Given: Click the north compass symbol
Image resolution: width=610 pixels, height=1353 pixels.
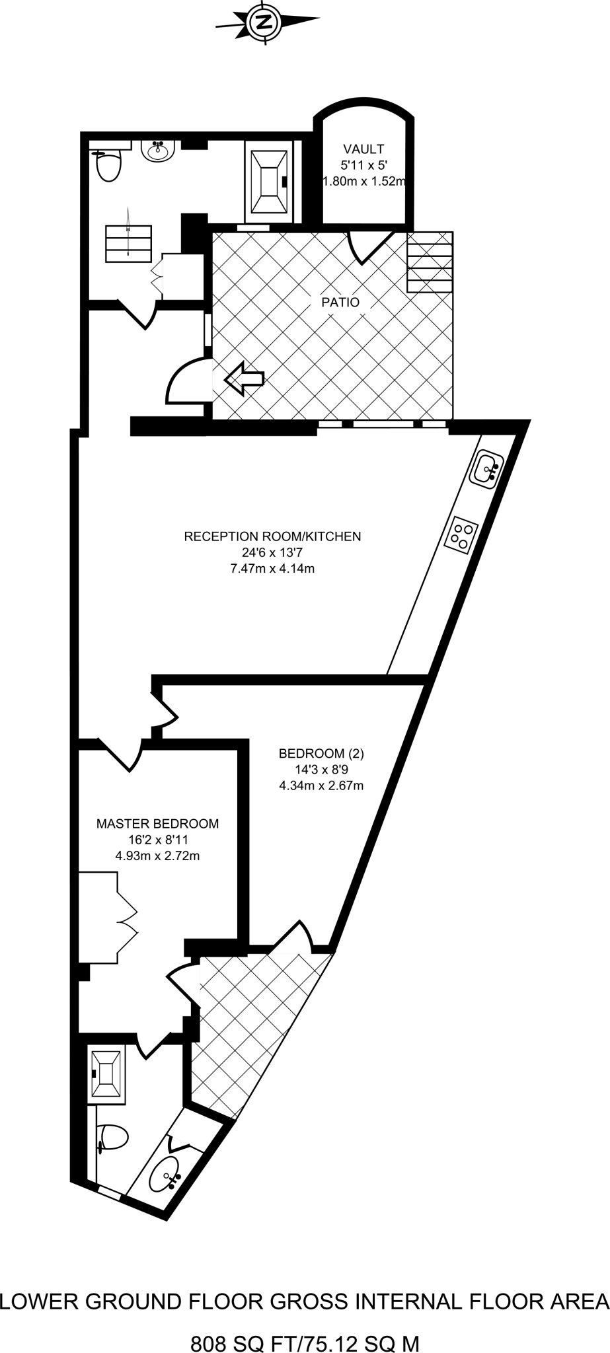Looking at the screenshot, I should tap(266, 22).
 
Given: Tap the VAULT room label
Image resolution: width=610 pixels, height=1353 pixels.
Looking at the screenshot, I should tap(363, 149).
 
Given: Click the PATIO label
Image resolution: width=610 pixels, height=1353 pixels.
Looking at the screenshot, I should tap(340, 303).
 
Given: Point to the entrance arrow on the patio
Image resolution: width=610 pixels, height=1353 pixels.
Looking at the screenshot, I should tap(244, 379).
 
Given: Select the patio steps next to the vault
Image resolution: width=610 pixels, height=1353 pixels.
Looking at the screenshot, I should tap(430, 262).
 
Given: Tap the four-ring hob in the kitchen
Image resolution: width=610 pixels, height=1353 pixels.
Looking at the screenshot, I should tap(462, 534).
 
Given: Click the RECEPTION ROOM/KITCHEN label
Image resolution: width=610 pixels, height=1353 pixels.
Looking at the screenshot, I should tap(272, 536).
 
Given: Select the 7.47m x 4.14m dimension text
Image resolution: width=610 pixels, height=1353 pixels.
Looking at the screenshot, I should tap(272, 568).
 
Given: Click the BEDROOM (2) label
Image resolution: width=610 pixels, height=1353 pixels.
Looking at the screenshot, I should tap(321, 753).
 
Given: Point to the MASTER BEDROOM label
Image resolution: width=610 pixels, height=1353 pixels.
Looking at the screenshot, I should tap(157, 824).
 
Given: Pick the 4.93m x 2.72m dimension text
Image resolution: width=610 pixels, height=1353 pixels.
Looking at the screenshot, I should tap(157, 856).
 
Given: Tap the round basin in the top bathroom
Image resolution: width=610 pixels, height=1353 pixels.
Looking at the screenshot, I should tap(159, 151).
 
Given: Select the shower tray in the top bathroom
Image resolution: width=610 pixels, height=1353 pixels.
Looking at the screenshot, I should tap(268, 181).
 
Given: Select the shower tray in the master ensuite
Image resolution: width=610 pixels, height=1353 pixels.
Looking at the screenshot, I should tap(106, 1074).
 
